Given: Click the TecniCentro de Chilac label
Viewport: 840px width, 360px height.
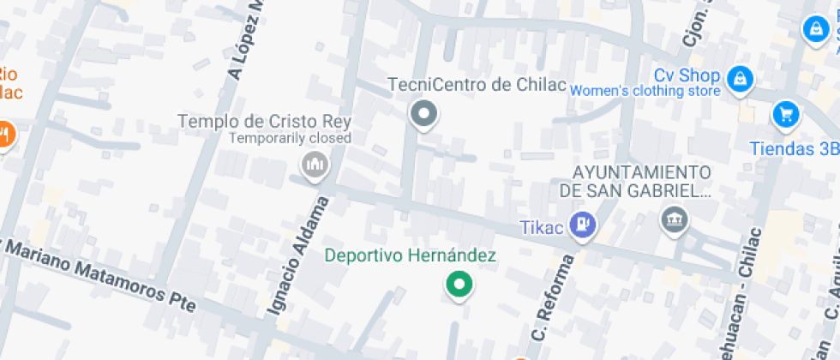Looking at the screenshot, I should tap(477, 85).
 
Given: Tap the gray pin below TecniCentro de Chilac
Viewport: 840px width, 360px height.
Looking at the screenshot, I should tap(423, 113).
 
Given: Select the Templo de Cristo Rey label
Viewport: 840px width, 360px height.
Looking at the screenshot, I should tap(264, 121).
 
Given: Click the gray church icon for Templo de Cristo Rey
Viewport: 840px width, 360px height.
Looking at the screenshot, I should tap(315, 164).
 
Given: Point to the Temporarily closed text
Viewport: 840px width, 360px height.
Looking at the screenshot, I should tap(290, 138).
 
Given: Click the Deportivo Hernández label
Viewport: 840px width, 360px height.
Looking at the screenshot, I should tap(411, 255).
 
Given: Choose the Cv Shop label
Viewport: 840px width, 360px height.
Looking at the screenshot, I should tap(687, 75).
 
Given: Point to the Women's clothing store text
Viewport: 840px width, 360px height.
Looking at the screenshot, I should tap(645, 91).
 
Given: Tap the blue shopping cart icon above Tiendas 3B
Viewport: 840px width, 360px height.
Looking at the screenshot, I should tap(785, 113).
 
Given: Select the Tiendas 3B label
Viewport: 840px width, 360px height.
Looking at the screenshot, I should tap(794, 148).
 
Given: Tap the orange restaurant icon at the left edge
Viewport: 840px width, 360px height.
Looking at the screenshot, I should tap(5, 134).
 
